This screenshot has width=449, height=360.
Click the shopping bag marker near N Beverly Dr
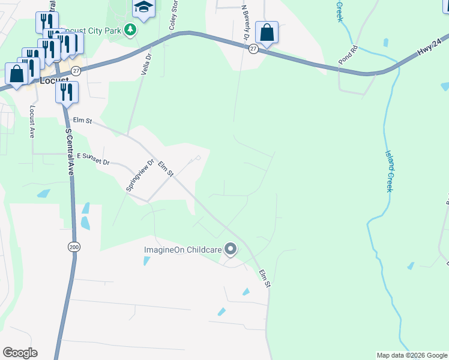(266, 32)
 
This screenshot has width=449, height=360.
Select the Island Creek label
(389, 171)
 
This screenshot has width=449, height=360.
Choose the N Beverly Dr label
(245, 22)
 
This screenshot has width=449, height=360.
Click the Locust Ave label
(32, 122)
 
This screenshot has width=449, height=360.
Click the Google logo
(20, 353)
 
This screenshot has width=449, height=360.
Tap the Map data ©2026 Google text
(411, 355)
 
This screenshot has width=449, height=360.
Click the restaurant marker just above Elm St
(67, 92)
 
